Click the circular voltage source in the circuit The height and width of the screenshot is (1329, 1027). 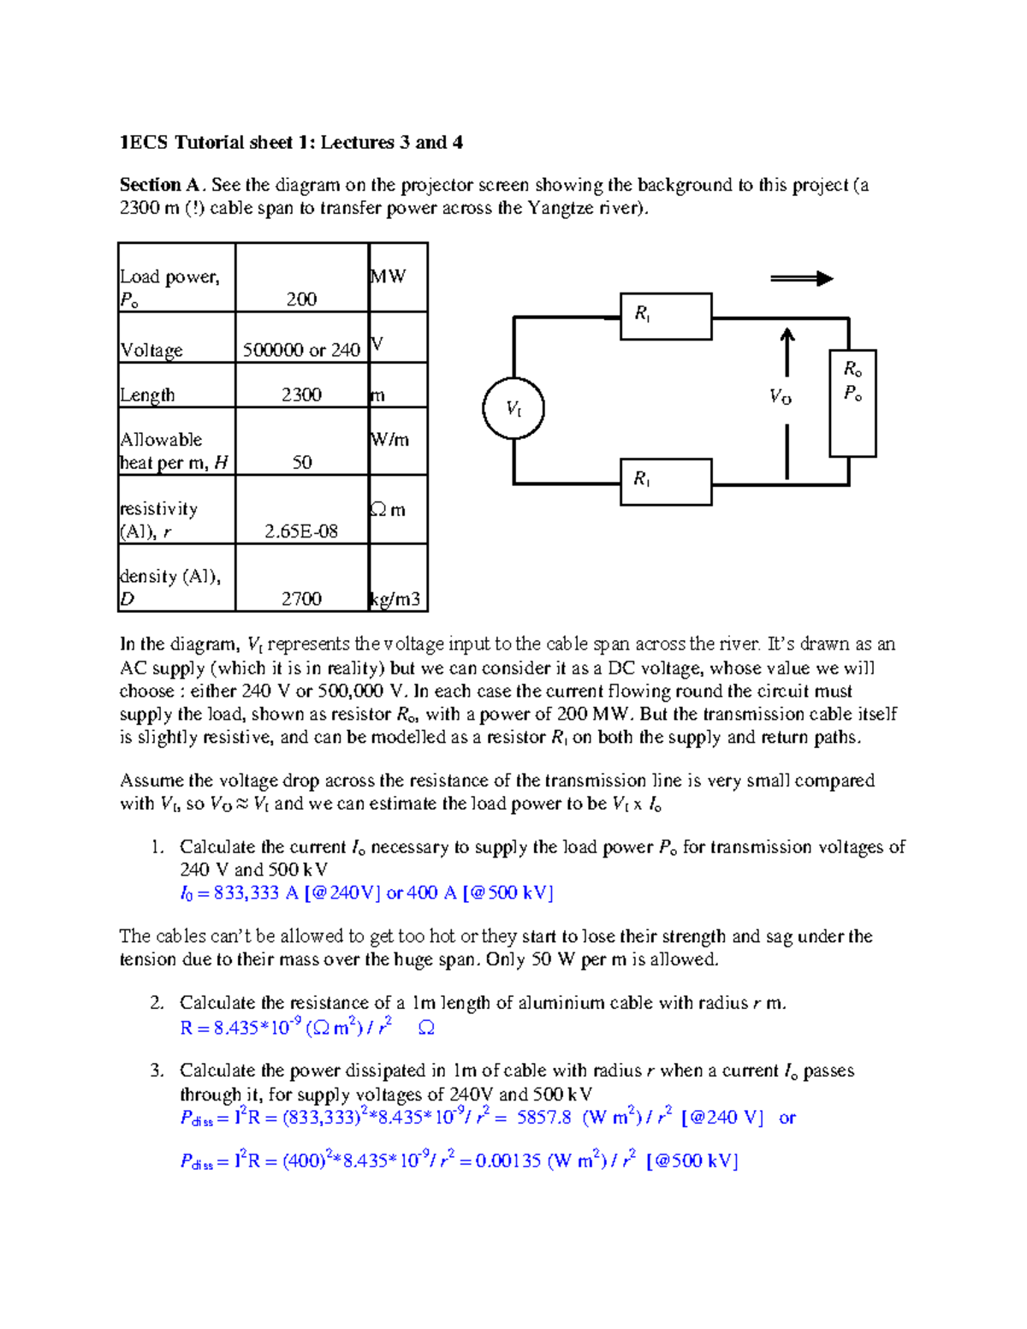click(x=513, y=408)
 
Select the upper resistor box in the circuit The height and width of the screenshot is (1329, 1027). click(x=666, y=317)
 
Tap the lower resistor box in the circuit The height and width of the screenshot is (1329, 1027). click(x=666, y=482)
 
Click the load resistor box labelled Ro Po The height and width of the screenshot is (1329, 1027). click(x=852, y=403)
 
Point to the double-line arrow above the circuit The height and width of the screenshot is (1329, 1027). click(x=801, y=278)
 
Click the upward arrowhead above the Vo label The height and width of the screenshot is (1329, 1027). click(x=787, y=335)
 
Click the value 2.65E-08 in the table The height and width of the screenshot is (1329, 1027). click(x=301, y=531)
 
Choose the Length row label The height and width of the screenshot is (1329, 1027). click(x=147, y=395)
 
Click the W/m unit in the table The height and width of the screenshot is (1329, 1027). click(x=390, y=440)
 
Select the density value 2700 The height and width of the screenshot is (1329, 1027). click(x=301, y=599)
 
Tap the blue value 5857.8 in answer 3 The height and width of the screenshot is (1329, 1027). click(x=543, y=1118)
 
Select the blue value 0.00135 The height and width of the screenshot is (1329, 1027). click(x=508, y=1160)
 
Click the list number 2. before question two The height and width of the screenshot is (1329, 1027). click(x=157, y=1003)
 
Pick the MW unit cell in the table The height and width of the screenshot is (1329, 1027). click(x=389, y=276)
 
